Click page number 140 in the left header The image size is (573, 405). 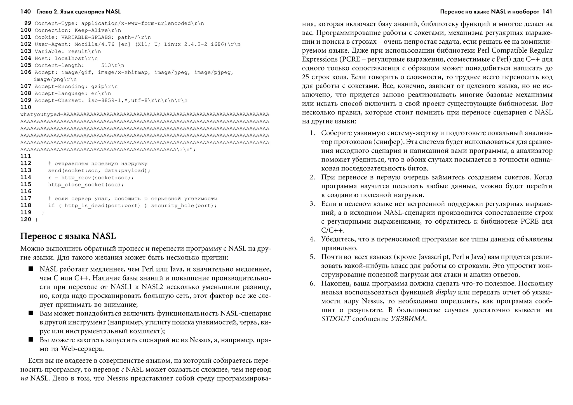pyautogui.click(x=25, y=12)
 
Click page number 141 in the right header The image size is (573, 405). pyautogui.click(x=547, y=12)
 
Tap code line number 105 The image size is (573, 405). pyautogui.click(x=26, y=65)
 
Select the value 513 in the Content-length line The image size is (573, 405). pyautogui.click(x=106, y=65)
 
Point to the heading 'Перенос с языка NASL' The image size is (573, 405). pyautogui.click(x=68, y=236)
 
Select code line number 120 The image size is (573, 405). pyautogui.click(x=26, y=219)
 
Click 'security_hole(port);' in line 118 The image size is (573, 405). pyautogui.click(x=184, y=206)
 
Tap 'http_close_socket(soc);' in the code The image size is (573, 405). pyautogui.click(x=86, y=185)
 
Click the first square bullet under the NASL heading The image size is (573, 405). pyautogui.click(x=31, y=269)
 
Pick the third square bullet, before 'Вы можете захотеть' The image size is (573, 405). pyautogui.click(x=31, y=340)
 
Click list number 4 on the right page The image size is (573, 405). pyautogui.click(x=312, y=239)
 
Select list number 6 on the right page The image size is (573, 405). pyautogui.click(x=312, y=284)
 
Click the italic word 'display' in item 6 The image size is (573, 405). pyautogui.click(x=446, y=292)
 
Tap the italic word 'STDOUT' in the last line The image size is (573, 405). pyautogui.click(x=335, y=319)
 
